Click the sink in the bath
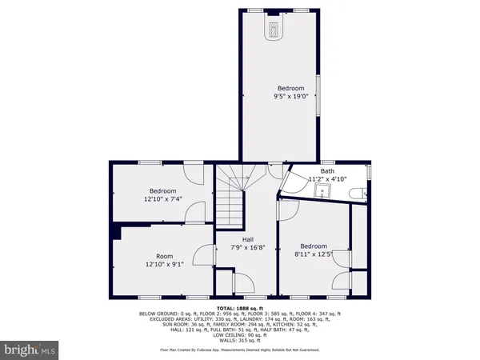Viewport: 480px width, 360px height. click(x=324, y=191)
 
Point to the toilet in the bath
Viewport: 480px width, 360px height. click(x=362, y=191)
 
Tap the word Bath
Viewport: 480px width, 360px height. click(x=327, y=170)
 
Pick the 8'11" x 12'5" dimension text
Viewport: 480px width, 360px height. click(x=314, y=254)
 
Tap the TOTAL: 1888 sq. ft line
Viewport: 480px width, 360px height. click(x=240, y=308)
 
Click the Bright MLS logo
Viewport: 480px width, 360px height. click(x=30, y=349)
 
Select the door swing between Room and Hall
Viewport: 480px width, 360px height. click(x=206, y=257)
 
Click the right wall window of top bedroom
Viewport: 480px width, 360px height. click(x=318, y=97)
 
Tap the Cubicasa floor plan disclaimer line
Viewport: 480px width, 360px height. click(x=240, y=350)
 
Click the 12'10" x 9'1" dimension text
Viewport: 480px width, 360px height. click(x=165, y=265)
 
